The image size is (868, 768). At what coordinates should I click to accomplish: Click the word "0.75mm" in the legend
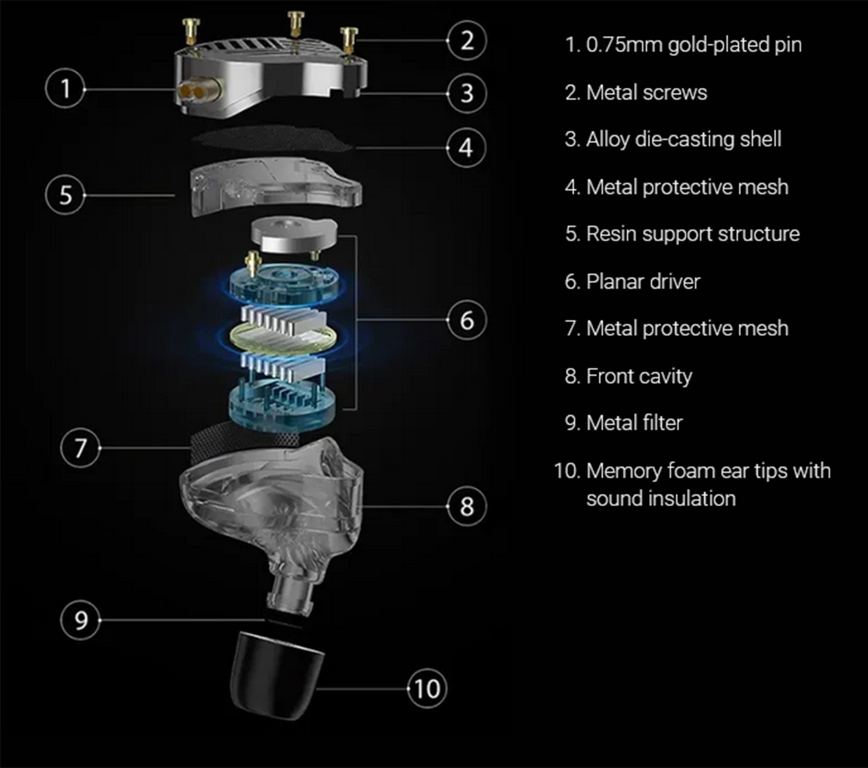point(624,44)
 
